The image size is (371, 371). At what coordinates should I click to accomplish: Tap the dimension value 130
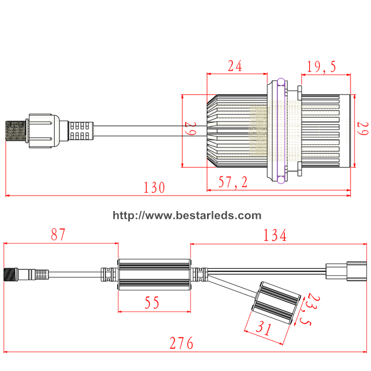154,188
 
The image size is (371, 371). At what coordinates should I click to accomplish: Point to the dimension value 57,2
233,182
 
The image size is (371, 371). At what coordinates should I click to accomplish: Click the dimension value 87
58,235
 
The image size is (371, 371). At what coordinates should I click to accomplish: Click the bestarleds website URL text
187,215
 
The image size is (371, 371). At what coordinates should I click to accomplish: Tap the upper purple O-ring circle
281,82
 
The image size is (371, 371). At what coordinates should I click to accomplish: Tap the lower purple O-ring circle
281,180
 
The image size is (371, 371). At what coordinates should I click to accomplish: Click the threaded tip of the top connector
15,130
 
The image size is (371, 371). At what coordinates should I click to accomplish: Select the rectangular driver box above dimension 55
154,274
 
